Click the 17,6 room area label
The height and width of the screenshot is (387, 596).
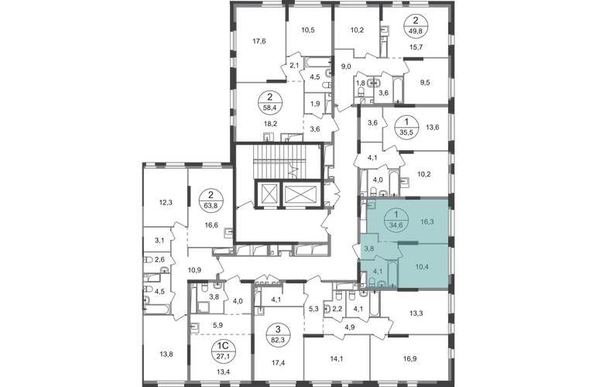[259, 42]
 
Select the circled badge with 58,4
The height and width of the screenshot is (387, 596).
[269, 103]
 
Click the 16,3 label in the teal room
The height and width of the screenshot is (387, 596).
[426, 221]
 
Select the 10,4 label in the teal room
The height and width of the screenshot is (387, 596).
[422, 267]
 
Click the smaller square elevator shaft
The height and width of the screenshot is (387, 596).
[268, 193]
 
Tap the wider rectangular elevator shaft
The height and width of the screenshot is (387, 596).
[300, 193]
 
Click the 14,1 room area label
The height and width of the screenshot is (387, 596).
[337, 358]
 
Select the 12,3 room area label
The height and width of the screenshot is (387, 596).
[166, 203]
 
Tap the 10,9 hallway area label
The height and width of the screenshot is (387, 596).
[194, 270]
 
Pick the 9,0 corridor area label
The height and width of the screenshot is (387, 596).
[346, 67]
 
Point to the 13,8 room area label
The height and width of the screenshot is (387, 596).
[166, 354]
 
